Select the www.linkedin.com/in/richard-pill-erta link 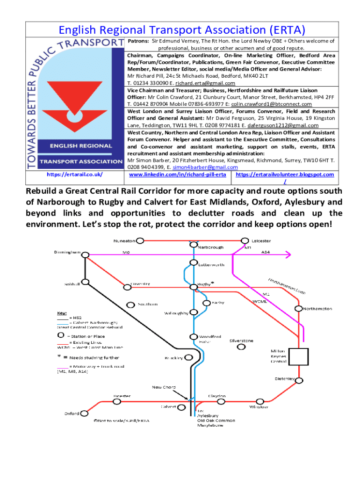point(177,174)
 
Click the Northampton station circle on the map point(298,308)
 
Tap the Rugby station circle point(193,287)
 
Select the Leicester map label point(261,240)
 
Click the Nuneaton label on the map point(124,241)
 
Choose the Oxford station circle point(85,414)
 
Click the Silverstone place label point(241,341)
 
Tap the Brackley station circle point(188,357)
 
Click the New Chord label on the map point(163,387)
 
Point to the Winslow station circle point(259,401)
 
